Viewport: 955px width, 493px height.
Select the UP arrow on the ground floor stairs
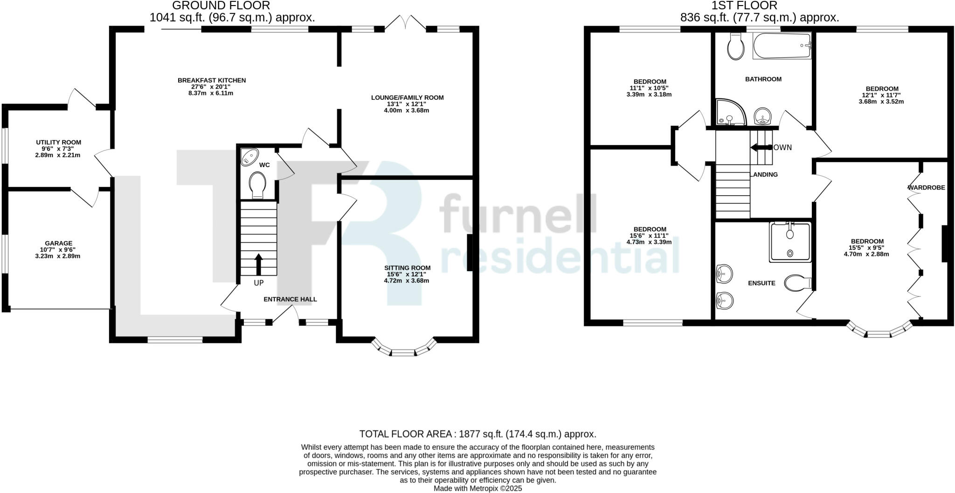(x=258, y=265)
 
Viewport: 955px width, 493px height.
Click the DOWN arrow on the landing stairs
(x=756, y=148)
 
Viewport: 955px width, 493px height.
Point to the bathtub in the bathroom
(x=782, y=46)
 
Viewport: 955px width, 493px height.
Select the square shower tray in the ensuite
(x=789, y=242)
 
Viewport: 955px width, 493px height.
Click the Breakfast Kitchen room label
(x=212, y=80)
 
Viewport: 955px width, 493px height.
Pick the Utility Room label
(x=58, y=143)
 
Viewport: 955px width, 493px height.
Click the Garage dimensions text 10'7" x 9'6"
(x=58, y=250)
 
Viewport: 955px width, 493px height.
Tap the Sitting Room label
(x=407, y=268)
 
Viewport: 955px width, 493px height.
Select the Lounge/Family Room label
(x=407, y=98)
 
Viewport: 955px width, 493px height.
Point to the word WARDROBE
(x=926, y=188)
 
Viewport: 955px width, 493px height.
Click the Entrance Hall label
(x=290, y=299)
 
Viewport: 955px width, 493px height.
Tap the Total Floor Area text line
(x=477, y=434)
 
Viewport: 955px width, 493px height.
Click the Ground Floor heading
(x=221, y=6)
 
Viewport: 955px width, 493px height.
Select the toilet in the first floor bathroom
(x=736, y=47)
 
